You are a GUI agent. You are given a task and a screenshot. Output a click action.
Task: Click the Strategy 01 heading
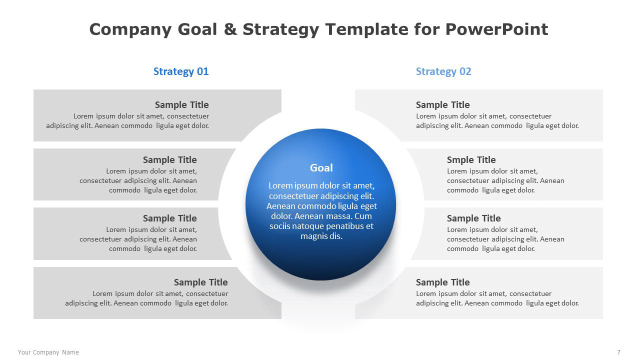(181, 71)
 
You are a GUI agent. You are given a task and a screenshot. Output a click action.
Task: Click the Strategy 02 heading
(443, 71)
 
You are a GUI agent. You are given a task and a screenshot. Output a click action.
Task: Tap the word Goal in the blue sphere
(321, 167)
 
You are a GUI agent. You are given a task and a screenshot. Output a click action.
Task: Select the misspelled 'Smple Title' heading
(471, 159)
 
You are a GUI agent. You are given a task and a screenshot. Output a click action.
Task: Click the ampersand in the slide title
(230, 29)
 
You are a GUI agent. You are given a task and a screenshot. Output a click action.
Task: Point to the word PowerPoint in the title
(496, 29)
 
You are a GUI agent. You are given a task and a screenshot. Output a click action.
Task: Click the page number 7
(618, 352)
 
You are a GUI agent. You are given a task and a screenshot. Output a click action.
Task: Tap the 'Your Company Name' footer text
(48, 352)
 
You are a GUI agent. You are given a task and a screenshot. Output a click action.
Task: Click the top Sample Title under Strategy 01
(181, 105)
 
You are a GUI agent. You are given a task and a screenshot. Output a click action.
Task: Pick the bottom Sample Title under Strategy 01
(201, 282)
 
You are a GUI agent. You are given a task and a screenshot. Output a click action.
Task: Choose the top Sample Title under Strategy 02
(442, 105)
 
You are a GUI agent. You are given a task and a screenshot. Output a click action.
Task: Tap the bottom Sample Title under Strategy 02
(442, 282)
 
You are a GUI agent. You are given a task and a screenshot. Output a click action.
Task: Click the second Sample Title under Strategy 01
(169, 159)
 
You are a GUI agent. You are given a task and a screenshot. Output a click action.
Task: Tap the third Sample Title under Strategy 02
(473, 218)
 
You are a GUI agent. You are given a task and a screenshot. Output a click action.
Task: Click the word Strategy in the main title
(281, 29)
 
